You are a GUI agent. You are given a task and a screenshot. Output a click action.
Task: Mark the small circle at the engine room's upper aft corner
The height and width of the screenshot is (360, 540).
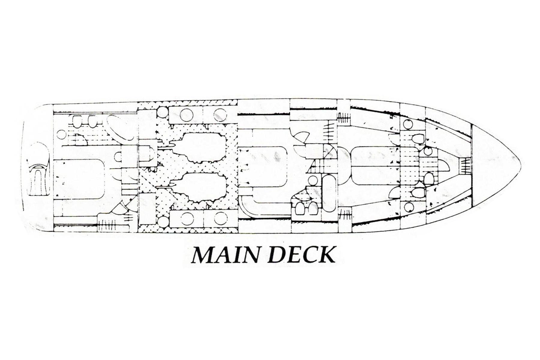point(162,112)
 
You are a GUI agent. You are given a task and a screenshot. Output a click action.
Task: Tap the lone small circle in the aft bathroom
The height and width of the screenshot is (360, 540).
point(61,134)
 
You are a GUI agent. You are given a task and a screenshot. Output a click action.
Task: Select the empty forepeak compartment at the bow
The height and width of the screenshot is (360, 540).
point(492,157)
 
